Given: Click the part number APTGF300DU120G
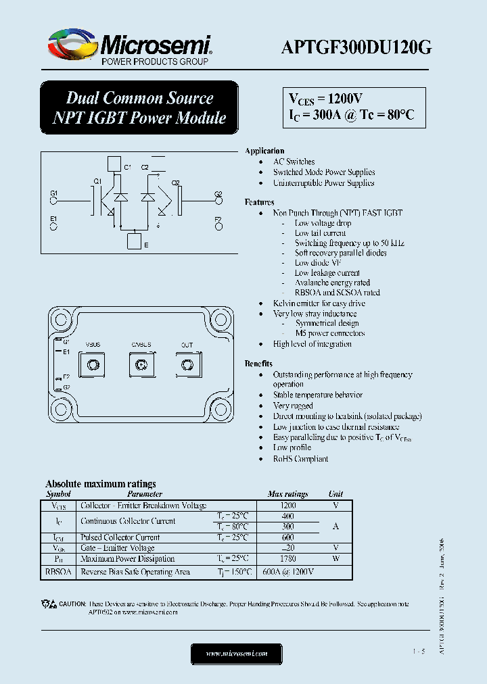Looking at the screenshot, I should coord(356,47).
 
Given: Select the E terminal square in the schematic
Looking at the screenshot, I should coord(135,242).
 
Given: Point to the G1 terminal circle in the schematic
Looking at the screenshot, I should coord(54,200).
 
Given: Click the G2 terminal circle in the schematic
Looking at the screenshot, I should coord(218,200).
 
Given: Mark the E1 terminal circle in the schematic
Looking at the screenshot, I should coord(54,226).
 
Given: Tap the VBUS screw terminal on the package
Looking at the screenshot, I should coord(92,366).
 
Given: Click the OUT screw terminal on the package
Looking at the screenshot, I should coord(186,366).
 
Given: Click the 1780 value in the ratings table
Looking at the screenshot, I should coord(288,559).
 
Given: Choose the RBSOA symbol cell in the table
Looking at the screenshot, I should coord(58,572).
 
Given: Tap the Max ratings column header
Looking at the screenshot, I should coord(287,494).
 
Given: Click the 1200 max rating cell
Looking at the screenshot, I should coord(288,506).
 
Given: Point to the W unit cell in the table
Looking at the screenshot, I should coord(335,559).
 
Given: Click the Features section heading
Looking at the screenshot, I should coord(259,202).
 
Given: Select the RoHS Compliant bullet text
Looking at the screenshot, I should coord(300,459).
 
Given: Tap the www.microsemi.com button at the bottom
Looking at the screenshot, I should coord(237,654).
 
